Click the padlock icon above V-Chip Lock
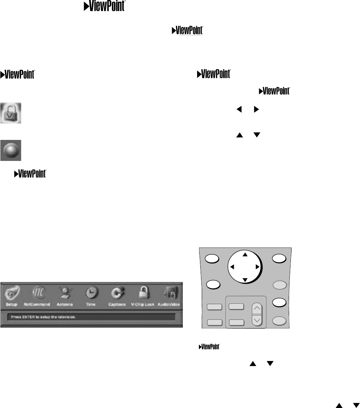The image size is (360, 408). (x=145, y=294)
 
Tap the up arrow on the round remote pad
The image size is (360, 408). (x=245, y=255)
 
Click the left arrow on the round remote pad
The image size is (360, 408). (x=232, y=267)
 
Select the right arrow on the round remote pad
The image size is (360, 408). (x=257, y=267)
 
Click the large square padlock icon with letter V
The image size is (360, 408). (x=11, y=113)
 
